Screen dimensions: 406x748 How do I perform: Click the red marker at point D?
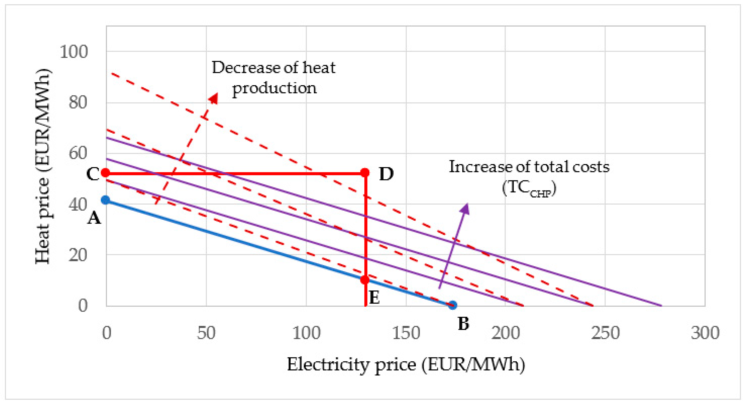click(x=365, y=173)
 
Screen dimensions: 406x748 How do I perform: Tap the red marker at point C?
click(x=105, y=173)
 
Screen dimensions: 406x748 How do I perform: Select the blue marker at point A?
click(x=105, y=200)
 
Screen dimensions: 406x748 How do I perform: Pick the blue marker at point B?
click(x=453, y=305)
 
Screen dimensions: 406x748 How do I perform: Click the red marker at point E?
click(x=365, y=280)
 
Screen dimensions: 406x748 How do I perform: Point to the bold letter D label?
click(x=386, y=175)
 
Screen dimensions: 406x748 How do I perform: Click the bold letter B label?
click(x=463, y=324)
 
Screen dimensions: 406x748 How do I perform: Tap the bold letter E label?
click(x=374, y=297)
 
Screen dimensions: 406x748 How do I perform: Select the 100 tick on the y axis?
click(x=74, y=52)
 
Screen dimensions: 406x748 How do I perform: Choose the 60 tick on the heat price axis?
click(x=78, y=153)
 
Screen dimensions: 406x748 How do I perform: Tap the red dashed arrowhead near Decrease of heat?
click(x=214, y=98)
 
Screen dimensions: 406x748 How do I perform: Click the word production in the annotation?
click(x=274, y=88)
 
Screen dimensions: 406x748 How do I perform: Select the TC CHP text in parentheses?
click(x=529, y=188)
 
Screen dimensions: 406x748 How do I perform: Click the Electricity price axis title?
click(x=406, y=364)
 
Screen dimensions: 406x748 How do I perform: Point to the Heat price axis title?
click(x=43, y=166)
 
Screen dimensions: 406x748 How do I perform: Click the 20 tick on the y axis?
click(x=78, y=255)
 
